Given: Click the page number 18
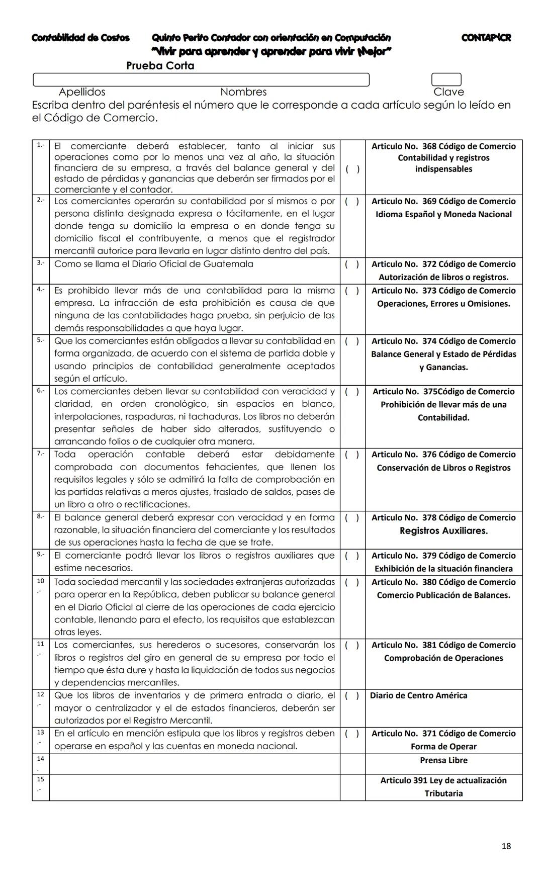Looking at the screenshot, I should pyautogui.click(x=506, y=846).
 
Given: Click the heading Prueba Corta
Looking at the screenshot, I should pyautogui.click(x=160, y=66).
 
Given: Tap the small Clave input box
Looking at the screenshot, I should pyautogui.click(x=446, y=79).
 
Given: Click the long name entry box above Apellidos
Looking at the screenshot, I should pyautogui.click(x=201, y=79).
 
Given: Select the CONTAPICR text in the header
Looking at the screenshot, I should pyautogui.click(x=486, y=38).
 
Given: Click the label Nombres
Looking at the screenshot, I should pyautogui.click(x=243, y=92).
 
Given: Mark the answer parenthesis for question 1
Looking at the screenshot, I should pyautogui.click(x=352, y=169).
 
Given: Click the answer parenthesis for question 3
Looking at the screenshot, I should pyautogui.click(x=352, y=264).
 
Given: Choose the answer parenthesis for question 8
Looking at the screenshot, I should pyautogui.click(x=352, y=518).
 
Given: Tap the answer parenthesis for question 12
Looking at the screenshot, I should pyautogui.click(x=352, y=696).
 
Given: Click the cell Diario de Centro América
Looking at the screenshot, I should pyautogui.click(x=418, y=696).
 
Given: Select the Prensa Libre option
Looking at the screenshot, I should pyautogui.click(x=443, y=760).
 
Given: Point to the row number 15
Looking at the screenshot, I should pyautogui.click(x=40, y=779).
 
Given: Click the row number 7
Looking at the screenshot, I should pyautogui.click(x=40, y=454).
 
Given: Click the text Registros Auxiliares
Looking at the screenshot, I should pyautogui.click(x=443, y=531).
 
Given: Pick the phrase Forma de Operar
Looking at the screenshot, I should pyautogui.click(x=443, y=747).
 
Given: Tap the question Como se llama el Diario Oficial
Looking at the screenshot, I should pyautogui.click(x=154, y=264).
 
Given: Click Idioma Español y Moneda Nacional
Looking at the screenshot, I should pyautogui.click(x=443, y=214).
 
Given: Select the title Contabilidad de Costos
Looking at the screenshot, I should pyautogui.click(x=80, y=38).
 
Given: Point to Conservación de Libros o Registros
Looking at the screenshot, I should pyautogui.click(x=443, y=468).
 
